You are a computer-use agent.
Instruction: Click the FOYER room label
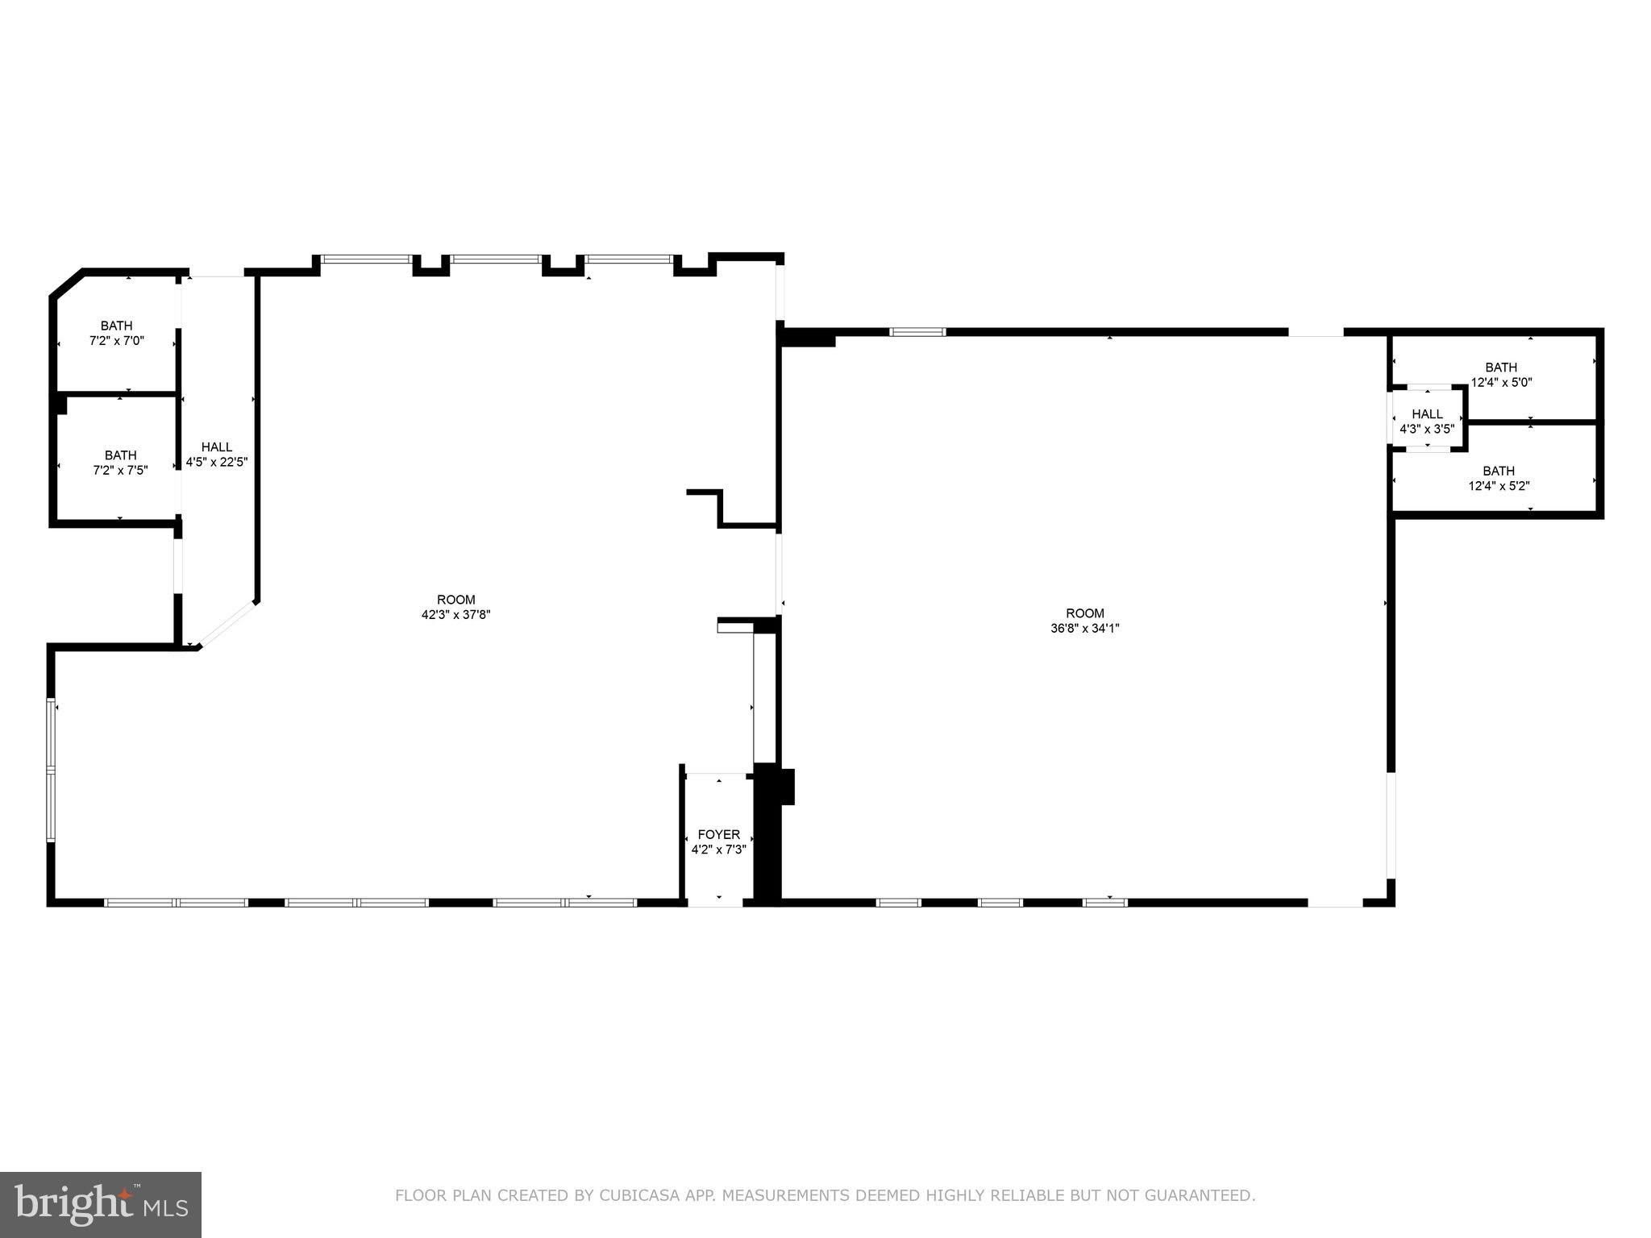[718, 835]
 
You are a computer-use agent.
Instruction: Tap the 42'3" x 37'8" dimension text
[456, 614]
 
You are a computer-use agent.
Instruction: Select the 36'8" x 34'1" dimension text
[1084, 628]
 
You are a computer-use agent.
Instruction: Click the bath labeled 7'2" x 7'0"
[117, 333]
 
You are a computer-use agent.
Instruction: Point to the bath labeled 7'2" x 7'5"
[120, 463]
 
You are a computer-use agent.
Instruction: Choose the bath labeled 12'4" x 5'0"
[1501, 375]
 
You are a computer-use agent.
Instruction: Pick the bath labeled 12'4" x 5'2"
[1499, 478]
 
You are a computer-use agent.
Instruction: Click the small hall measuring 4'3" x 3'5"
[1427, 422]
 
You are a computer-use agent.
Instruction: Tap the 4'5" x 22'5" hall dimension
[217, 463]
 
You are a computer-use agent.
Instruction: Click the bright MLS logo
[101, 1204]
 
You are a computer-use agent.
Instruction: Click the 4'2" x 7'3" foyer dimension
[718, 850]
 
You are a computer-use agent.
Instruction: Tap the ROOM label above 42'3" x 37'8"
[456, 600]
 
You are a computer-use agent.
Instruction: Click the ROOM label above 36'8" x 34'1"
[1084, 613]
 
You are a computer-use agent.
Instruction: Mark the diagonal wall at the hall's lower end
[228, 623]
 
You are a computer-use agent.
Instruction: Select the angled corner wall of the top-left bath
[67, 284]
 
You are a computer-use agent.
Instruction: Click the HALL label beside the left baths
[217, 447]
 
